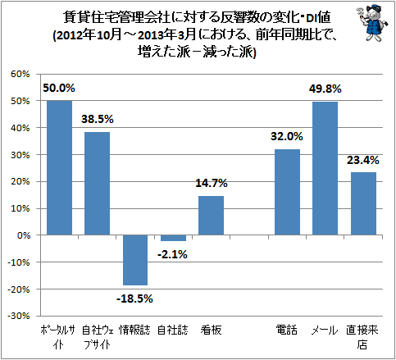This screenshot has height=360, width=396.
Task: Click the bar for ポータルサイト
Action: coord(60,167)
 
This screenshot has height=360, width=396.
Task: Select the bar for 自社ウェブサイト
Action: coord(98,184)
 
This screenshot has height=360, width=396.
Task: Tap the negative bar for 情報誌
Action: coord(135,260)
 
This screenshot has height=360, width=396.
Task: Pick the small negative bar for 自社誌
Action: coord(173,238)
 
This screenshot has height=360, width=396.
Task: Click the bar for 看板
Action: coord(211,216)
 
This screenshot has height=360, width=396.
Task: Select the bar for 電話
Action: coord(287,192)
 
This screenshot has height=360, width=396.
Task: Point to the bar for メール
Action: coord(325,168)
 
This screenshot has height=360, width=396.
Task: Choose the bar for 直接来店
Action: coord(363,203)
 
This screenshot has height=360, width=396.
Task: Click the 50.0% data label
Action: coord(59,88)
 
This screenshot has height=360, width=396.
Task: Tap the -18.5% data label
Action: coord(134,298)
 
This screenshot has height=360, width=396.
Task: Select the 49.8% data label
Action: coord(325,89)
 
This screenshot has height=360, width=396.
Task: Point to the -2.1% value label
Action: coord(172,254)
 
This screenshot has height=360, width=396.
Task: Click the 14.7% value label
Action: coord(212,183)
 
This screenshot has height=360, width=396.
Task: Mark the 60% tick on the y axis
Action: coord(20,74)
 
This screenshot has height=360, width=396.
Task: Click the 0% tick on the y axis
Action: coord(24,235)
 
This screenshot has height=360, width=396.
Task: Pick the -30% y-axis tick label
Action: coord(19,316)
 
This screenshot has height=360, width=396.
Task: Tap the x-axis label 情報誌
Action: coord(134,330)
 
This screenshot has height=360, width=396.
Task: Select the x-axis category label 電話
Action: coord(286,330)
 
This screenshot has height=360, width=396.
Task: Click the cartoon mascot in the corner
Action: coord(372,23)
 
